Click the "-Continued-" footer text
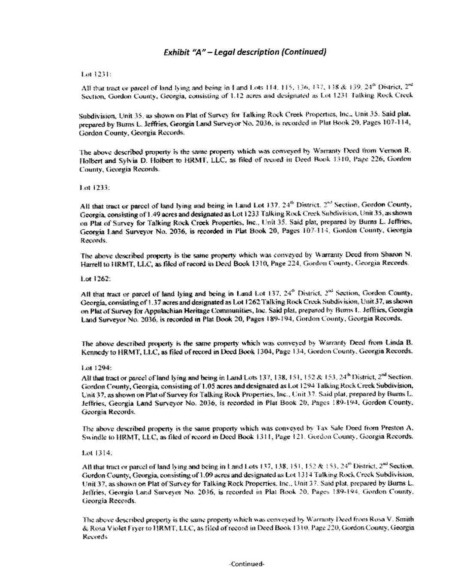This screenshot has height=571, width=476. point(247,564)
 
